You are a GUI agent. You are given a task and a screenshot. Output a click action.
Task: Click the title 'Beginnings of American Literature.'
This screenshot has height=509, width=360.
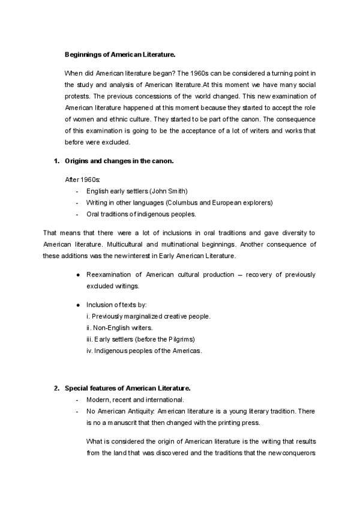click(x=120, y=54)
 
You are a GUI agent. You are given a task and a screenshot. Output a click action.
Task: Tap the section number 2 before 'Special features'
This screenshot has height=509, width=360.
click(x=56, y=388)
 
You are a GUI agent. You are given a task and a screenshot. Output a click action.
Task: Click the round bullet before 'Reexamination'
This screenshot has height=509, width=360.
click(x=79, y=275)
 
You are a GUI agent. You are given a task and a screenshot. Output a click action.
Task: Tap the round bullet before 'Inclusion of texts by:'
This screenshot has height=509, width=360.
click(x=79, y=304)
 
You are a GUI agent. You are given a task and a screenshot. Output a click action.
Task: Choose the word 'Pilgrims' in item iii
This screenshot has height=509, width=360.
click(x=178, y=339)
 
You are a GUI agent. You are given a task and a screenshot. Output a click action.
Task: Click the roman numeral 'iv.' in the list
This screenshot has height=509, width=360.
click(x=91, y=351)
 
